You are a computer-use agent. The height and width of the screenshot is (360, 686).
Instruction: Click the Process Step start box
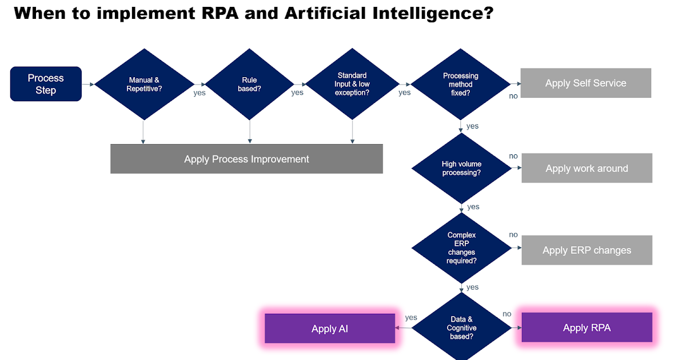click(46, 84)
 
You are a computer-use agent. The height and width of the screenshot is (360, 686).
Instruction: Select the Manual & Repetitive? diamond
click(143, 84)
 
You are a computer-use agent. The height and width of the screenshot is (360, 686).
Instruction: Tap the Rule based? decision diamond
click(249, 84)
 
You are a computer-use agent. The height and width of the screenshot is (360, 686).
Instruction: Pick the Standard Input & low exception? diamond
click(352, 84)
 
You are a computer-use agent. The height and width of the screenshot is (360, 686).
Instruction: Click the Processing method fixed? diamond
click(461, 84)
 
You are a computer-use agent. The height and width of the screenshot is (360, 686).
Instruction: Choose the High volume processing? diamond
click(461, 168)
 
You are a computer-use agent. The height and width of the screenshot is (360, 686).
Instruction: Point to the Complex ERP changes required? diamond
click(461, 248)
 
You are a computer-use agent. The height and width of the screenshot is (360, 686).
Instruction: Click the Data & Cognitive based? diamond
click(461, 328)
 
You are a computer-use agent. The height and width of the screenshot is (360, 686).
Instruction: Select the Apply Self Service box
click(586, 83)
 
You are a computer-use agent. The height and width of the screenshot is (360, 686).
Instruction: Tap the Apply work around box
click(587, 168)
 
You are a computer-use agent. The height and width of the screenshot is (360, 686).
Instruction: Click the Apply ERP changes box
click(587, 250)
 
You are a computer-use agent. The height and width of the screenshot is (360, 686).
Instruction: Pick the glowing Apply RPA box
click(587, 327)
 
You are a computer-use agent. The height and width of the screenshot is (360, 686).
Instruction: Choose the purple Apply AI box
click(330, 329)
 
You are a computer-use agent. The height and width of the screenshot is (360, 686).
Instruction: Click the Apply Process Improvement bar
click(246, 159)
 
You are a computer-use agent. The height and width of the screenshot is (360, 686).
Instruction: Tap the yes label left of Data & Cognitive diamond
click(411, 317)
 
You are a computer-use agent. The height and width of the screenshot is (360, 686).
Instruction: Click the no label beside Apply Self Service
click(513, 96)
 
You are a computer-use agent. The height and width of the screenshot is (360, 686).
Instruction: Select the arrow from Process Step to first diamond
click(88, 84)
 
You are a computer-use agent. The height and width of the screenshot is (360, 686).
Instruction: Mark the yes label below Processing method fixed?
click(473, 126)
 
